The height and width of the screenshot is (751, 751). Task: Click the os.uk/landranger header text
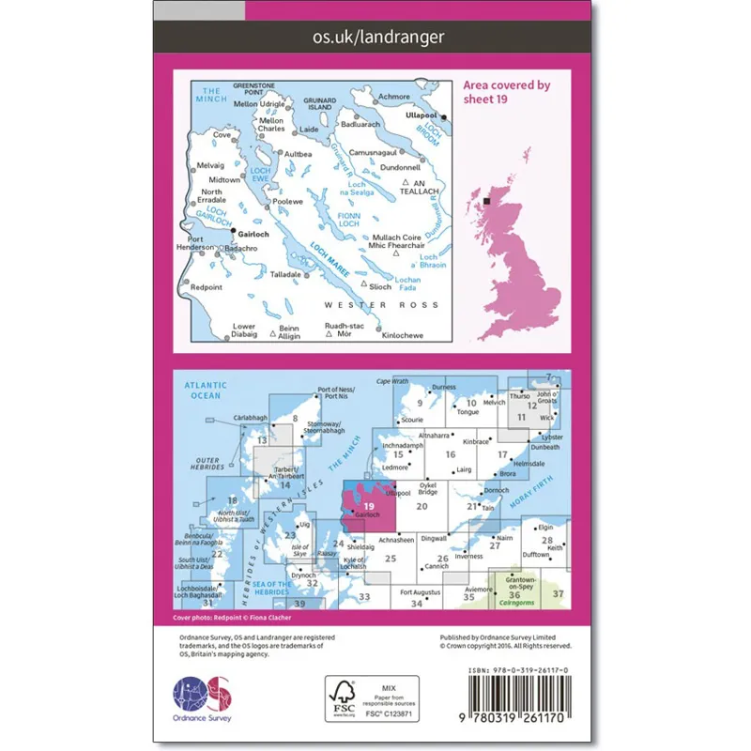pyautogui.click(x=375, y=38)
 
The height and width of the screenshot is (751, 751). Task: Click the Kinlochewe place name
pyautogui.click(x=405, y=335)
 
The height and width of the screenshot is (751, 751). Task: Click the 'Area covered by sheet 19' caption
pyautogui.click(x=506, y=91)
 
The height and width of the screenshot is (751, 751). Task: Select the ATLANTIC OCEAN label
pyautogui.click(x=202, y=390)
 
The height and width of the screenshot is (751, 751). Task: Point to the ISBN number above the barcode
pyautogui.click(x=517, y=671)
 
